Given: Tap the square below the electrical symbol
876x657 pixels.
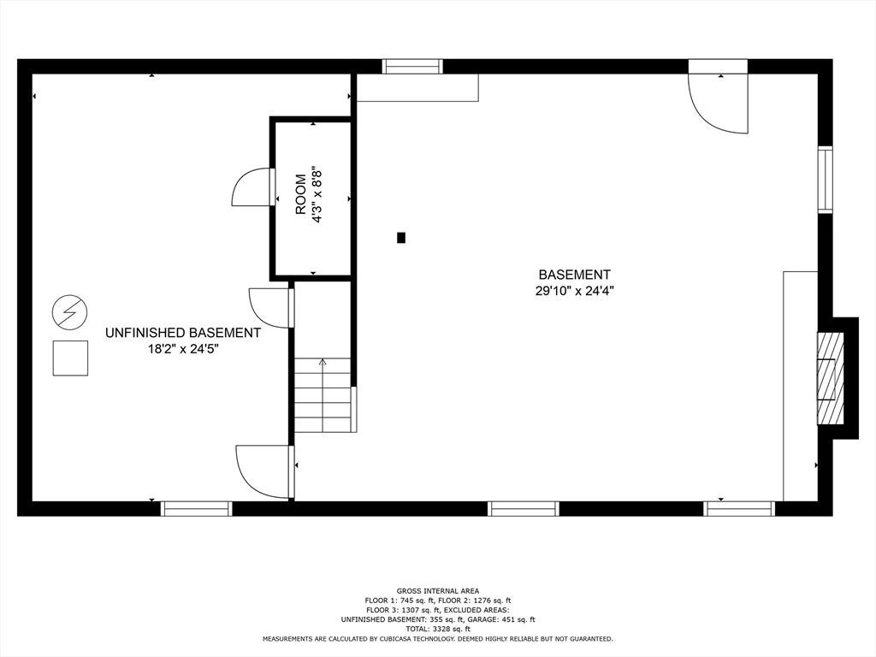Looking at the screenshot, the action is tap(70, 358).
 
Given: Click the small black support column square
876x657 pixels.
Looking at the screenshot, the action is tap(401, 238).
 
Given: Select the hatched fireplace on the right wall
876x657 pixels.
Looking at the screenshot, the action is tap(830, 379).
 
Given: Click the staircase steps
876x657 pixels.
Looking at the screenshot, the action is tap(323, 395).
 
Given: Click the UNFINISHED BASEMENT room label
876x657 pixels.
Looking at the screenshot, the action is tap(183, 333).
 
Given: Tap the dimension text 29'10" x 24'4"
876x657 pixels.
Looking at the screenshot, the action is tap(575, 291).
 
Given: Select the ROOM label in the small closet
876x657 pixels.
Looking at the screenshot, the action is tap(300, 194).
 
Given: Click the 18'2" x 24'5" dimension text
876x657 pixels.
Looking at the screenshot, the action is tap(183, 349).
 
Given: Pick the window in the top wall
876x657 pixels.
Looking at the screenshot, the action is tap(412, 67).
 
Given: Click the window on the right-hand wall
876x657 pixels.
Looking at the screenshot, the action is tap(826, 180).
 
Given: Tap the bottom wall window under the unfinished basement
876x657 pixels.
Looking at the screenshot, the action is tap(196, 508).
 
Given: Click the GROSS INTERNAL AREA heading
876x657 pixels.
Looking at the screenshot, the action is tap(438, 591).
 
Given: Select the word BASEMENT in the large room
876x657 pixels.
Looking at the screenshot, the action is tap(574, 275).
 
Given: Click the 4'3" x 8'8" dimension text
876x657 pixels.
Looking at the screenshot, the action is tap(317, 194).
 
